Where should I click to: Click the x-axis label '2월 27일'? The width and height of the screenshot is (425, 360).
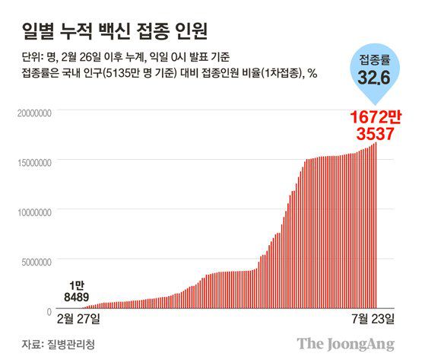pyautogui.click(x=77, y=316)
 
